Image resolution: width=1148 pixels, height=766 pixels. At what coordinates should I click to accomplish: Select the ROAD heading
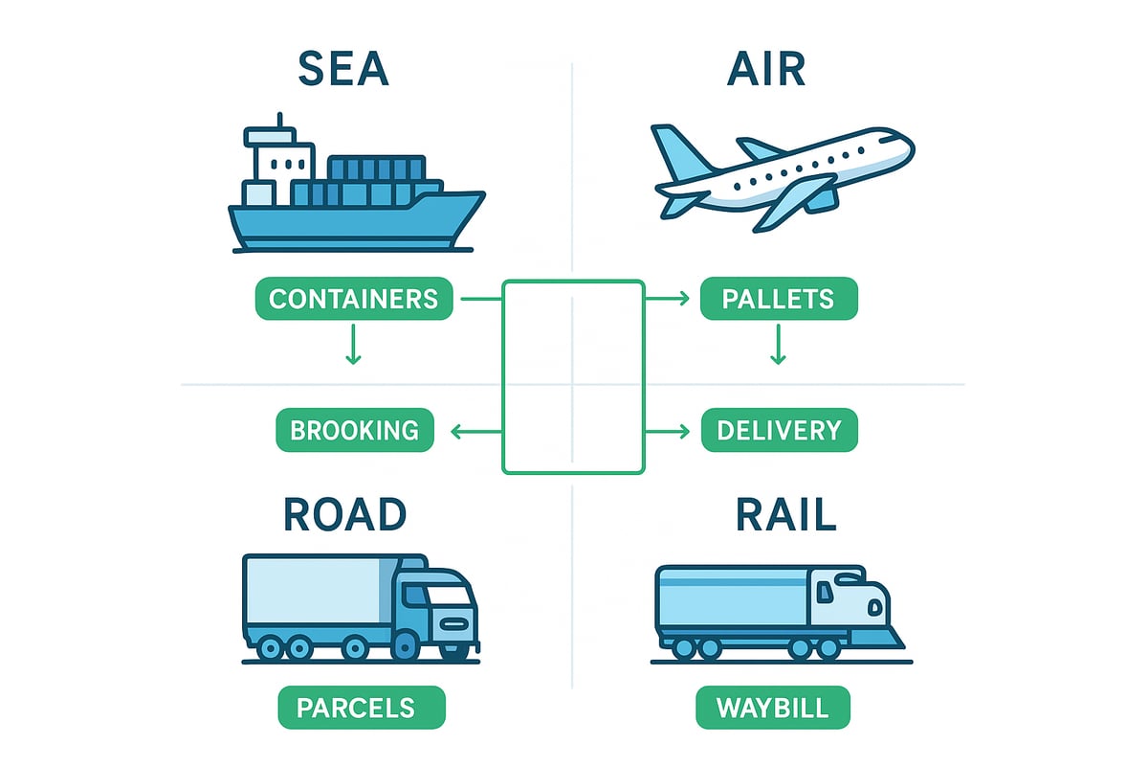[x=344, y=514]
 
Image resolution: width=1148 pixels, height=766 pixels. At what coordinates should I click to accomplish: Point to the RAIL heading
[x=786, y=514]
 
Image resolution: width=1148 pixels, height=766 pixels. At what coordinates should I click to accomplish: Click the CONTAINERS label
[x=353, y=299]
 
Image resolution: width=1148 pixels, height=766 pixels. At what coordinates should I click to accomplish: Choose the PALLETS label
[x=779, y=299]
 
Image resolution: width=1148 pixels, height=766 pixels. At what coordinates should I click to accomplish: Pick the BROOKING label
[x=354, y=430]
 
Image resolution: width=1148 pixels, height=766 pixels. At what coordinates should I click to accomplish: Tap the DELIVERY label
[x=780, y=430]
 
